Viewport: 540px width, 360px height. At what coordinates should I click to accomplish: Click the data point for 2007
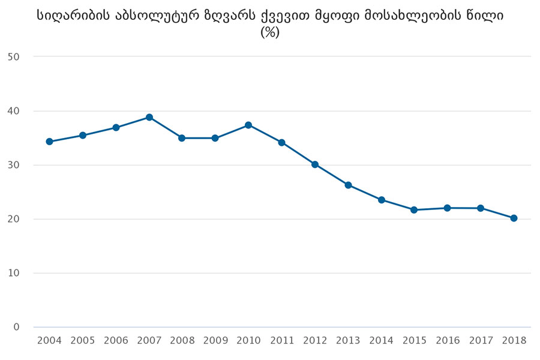click(x=149, y=117)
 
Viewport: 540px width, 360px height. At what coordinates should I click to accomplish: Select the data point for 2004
click(x=49, y=142)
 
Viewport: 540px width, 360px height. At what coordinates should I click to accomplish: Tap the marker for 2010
click(x=248, y=125)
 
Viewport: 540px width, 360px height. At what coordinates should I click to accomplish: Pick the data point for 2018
click(x=514, y=218)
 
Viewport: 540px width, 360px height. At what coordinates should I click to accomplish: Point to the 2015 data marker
click(x=415, y=209)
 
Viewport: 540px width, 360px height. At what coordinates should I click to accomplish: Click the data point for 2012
click(x=315, y=164)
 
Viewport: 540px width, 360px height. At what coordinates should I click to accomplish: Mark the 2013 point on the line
click(x=348, y=185)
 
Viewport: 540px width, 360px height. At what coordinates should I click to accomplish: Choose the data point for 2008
click(x=182, y=138)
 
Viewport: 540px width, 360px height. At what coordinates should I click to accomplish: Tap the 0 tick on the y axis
click(x=16, y=327)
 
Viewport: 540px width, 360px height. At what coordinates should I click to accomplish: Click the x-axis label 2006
click(x=116, y=341)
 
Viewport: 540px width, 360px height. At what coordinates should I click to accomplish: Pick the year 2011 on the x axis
click(x=281, y=341)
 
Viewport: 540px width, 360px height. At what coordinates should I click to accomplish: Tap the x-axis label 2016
click(x=448, y=341)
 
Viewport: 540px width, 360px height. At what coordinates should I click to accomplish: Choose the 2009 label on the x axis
click(x=215, y=341)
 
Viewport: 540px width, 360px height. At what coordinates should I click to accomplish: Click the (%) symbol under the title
click(x=270, y=33)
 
